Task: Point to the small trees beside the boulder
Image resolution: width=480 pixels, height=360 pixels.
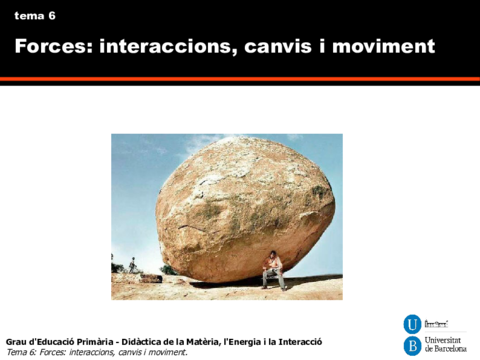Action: coord(131,265)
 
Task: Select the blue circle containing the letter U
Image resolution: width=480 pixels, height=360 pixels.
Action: coord(411,323)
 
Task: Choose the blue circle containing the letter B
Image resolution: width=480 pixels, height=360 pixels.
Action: coord(411,346)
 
